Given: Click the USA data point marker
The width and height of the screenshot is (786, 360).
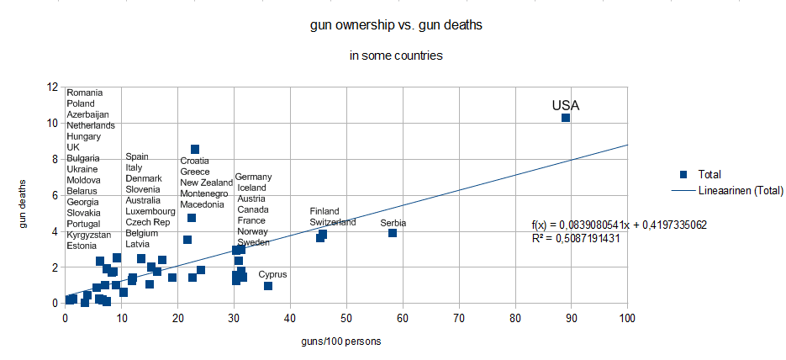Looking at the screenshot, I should [566, 118].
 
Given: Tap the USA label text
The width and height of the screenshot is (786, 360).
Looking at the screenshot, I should [566, 105].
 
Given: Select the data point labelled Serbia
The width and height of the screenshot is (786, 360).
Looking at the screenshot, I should [393, 233].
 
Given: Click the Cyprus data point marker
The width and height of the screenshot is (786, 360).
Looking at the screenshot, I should [268, 286].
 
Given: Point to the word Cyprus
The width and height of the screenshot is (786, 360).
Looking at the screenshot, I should [272, 274].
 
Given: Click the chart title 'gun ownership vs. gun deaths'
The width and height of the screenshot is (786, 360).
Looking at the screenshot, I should [396, 25].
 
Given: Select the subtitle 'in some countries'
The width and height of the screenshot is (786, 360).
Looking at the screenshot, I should [396, 56].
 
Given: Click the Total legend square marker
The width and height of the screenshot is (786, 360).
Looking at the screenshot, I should [683, 175].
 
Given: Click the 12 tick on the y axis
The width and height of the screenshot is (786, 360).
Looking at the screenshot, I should [53, 87].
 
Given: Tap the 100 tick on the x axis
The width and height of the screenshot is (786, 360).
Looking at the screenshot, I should [627, 318].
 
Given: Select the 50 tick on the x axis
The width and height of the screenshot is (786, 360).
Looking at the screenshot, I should [346, 318].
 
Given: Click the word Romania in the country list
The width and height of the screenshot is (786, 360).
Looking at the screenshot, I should [85, 93].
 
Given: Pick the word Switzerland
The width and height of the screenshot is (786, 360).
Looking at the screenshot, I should [333, 222].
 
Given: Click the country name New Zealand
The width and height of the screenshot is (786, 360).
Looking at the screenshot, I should [207, 183].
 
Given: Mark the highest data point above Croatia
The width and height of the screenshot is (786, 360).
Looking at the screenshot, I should [195, 150].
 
